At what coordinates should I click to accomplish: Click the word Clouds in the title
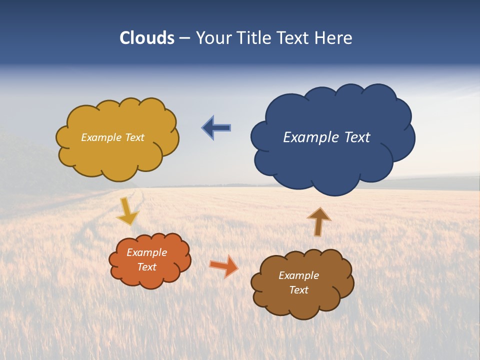click(x=147, y=38)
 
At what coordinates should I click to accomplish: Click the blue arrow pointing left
click(x=216, y=128)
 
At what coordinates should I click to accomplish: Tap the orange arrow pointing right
click(x=223, y=266)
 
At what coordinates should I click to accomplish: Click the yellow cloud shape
click(x=117, y=138)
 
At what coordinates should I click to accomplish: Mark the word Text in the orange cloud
click(x=147, y=267)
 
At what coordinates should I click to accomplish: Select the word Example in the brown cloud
click(x=298, y=275)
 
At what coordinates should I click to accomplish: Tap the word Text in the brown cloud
click(x=298, y=290)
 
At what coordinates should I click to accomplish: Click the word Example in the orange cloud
click(x=147, y=252)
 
